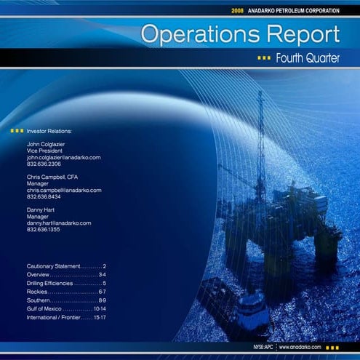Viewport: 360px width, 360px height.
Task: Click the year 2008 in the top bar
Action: [238, 11]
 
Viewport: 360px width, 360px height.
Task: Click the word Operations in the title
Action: [191, 33]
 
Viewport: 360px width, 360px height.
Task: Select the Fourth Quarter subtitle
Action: [307, 58]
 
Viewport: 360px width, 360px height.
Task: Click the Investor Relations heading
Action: [49, 131]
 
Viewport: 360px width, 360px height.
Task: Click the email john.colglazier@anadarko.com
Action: [63, 157]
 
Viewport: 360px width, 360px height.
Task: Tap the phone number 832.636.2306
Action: [44, 164]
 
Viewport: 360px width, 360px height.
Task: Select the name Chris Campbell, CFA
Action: [52, 177]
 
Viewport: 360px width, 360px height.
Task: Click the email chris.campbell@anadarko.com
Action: [64, 190]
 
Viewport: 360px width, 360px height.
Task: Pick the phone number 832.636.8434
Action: [44, 196]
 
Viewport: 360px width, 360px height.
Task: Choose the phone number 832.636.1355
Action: [44, 229]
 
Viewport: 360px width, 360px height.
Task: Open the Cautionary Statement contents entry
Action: [66, 267]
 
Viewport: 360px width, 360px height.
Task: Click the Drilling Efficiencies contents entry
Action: [66, 283]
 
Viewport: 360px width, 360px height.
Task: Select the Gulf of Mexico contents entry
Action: [66, 309]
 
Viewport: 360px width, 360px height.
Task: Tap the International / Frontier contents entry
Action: [66, 318]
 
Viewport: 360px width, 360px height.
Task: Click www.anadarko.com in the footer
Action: [300, 348]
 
